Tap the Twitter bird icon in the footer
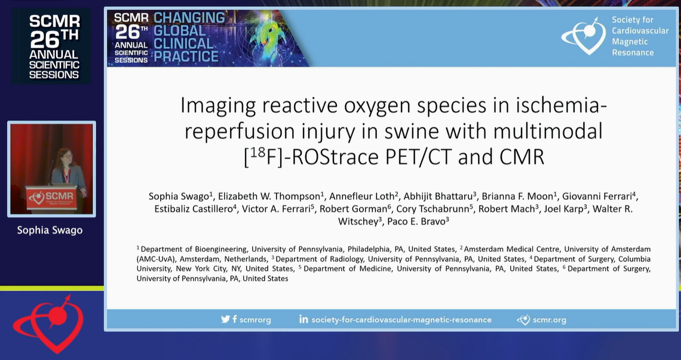[225, 319]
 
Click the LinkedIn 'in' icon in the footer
[303, 319]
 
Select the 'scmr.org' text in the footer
[550, 320]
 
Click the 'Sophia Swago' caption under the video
[50, 230]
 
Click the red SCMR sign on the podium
[51, 198]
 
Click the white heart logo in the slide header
[584, 36]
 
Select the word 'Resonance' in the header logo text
[633, 53]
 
